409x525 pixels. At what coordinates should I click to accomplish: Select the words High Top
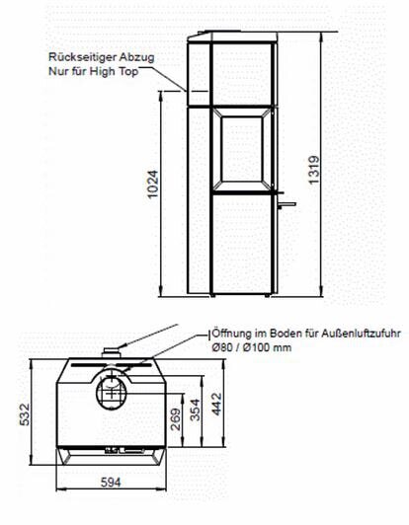pyautogui.click(x=133, y=72)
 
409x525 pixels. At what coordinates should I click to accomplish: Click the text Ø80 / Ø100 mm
pyautogui.click(x=246, y=347)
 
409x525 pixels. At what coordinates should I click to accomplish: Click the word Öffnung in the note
pyautogui.click(x=229, y=335)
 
